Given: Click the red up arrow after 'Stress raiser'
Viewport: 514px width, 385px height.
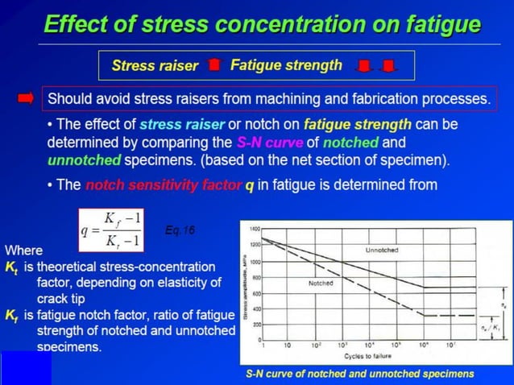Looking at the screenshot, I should pos(213,65).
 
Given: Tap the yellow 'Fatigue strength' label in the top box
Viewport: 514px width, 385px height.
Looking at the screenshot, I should pos(286,64).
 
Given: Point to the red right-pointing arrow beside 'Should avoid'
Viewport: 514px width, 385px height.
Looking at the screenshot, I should pos(26,99).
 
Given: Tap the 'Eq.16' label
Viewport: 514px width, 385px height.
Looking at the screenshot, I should pos(179,230).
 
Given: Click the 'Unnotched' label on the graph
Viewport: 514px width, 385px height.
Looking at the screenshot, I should pos(381,250).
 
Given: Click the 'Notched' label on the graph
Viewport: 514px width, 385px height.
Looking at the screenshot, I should pos(321,284).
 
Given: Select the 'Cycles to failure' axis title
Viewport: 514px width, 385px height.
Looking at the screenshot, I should pos(368,356).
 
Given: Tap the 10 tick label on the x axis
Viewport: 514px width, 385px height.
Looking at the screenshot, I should pos(288,345).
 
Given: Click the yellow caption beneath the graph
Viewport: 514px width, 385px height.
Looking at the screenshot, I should pos(359,374).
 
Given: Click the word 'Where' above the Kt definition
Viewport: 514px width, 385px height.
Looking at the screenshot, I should pos(22,250).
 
